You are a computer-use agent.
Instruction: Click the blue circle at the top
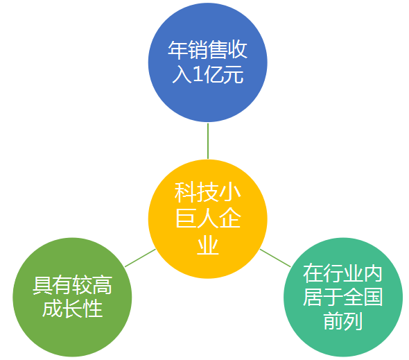click(208, 62)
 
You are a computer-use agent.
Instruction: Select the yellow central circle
click(208, 218)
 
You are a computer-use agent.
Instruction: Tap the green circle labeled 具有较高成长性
click(72, 297)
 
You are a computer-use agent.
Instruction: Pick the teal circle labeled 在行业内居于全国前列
click(343, 297)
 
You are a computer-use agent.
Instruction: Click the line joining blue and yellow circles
click(208, 141)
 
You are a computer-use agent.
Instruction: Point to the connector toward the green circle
click(140, 258)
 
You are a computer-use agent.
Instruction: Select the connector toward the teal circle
click(275, 258)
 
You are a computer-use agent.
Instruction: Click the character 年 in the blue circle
click(178, 50)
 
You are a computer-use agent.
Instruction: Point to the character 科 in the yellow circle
click(185, 192)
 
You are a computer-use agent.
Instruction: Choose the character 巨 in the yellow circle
click(186, 218)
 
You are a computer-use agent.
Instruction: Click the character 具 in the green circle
click(42, 285)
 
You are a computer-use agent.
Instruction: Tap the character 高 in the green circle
click(103, 285)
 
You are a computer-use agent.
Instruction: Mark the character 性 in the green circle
click(92, 309)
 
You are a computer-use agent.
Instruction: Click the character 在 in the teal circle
click(313, 273)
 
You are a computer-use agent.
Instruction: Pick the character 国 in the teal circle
click(373, 297)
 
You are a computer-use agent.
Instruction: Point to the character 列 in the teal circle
click(353, 320)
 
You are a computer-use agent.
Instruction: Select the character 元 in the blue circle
click(234, 75)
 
